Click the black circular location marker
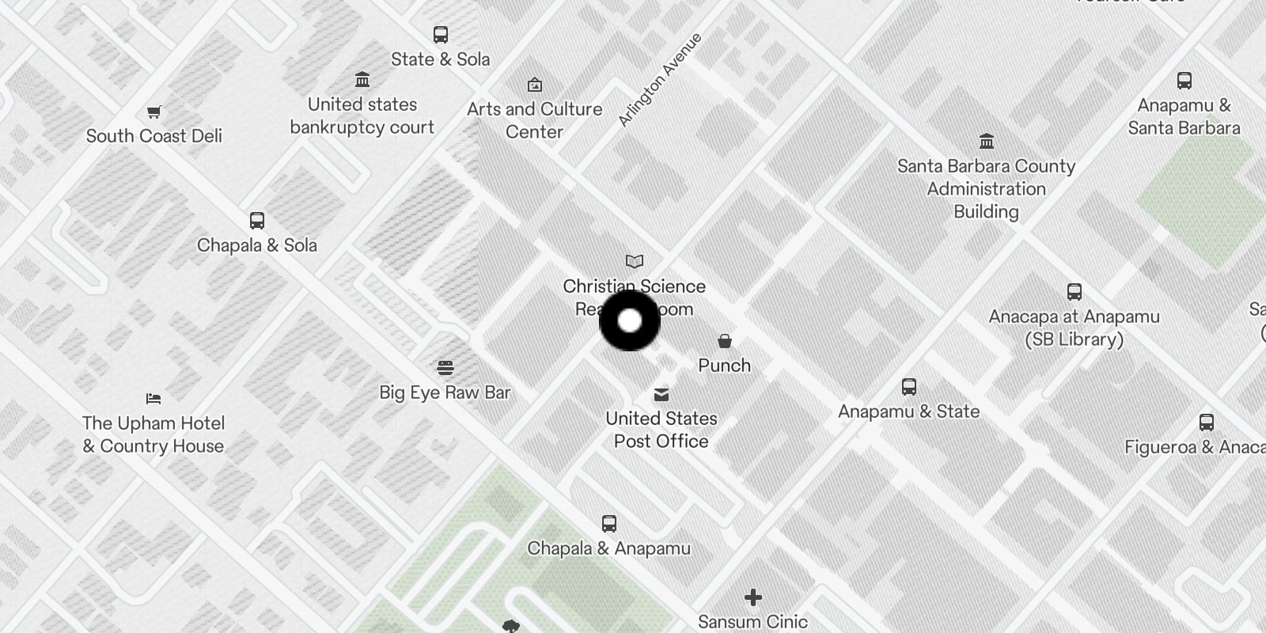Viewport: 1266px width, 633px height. (x=629, y=320)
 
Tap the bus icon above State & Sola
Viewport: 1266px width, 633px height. (x=441, y=35)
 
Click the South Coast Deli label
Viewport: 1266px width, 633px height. (x=154, y=136)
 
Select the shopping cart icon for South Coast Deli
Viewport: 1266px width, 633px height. (x=154, y=112)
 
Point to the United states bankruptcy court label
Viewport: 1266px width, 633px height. (x=362, y=116)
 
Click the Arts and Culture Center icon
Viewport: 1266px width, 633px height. (x=535, y=85)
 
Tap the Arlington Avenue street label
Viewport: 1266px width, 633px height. (x=659, y=80)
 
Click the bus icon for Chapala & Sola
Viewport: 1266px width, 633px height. (x=257, y=221)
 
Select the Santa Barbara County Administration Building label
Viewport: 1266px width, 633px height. (x=986, y=189)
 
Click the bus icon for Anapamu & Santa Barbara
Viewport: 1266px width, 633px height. (x=1184, y=81)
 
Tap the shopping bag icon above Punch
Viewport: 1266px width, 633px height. (x=724, y=341)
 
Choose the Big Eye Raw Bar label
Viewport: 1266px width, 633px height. (x=445, y=392)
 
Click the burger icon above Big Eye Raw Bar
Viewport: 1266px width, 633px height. (x=445, y=368)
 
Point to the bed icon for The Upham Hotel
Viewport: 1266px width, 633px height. (x=154, y=399)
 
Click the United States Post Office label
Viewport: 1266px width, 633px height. (x=661, y=430)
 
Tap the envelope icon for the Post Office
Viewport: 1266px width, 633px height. (x=661, y=395)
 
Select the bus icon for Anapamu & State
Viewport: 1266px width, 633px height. (x=909, y=387)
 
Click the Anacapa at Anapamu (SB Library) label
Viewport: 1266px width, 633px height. (x=1074, y=328)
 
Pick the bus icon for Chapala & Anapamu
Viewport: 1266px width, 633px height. (x=608, y=524)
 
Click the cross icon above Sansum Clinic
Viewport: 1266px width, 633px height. (x=752, y=597)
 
